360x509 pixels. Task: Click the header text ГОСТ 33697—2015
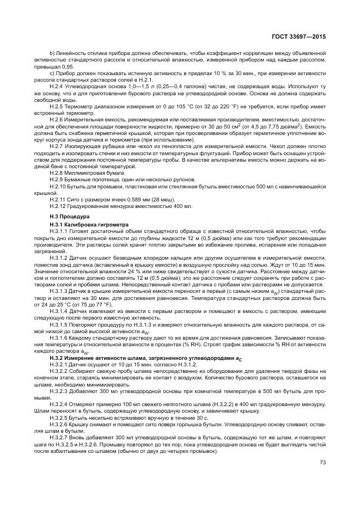coord(303,36)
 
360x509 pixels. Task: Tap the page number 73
coord(322,462)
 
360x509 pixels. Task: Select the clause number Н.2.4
coord(56,87)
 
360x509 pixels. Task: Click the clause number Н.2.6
coord(56,119)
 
